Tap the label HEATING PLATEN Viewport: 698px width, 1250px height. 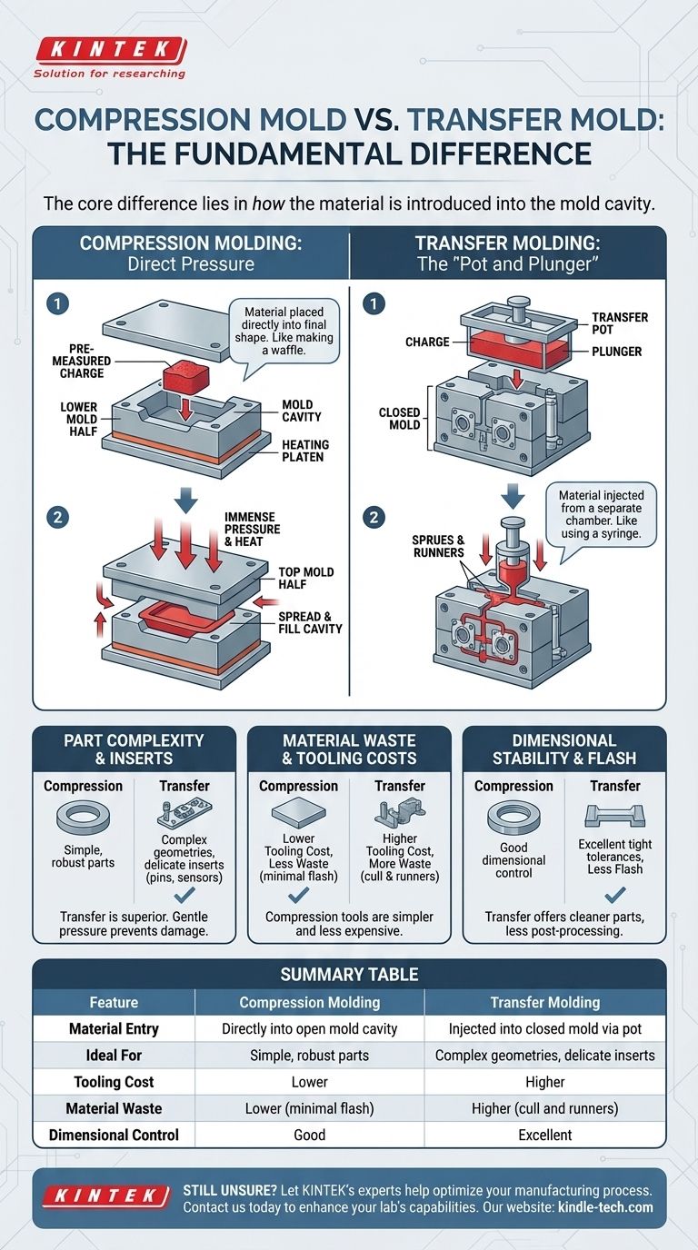pyautogui.click(x=305, y=451)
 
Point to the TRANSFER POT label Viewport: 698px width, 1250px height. pyautogui.click(x=620, y=323)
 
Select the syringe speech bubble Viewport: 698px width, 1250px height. pyautogui.click(x=601, y=514)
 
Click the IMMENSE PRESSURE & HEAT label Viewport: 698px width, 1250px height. pyautogui.click(x=252, y=529)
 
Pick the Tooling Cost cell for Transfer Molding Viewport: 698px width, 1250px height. pyautogui.click(x=544, y=1082)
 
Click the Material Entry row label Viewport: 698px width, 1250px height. pyautogui.click(x=114, y=1029)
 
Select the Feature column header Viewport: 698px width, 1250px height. pyautogui.click(x=114, y=1003)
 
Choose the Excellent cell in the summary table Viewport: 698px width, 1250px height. pyautogui.click(x=544, y=1135)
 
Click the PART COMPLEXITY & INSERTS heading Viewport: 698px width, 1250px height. pyautogui.click(x=134, y=749)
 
